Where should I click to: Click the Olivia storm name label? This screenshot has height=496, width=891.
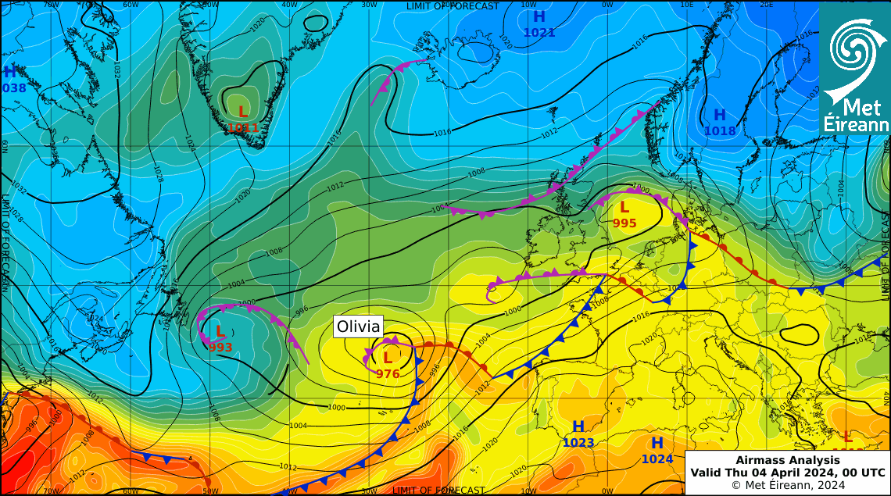[x=359, y=327]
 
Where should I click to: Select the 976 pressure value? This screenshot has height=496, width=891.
[x=388, y=374]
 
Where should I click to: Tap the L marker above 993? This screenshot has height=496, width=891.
[x=220, y=332]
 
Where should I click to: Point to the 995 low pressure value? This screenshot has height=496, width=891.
[x=624, y=223]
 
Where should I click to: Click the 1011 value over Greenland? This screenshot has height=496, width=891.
[x=243, y=127]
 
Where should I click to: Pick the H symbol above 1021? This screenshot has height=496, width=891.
[x=539, y=17]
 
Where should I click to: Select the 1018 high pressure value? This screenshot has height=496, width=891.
[x=720, y=131]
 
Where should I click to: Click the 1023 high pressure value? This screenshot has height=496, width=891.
[x=578, y=443]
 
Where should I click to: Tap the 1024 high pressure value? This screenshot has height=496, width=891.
[x=657, y=459]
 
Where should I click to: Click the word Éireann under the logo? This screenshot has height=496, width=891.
[x=857, y=125]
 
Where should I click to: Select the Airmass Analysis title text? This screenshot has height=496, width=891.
[x=787, y=460]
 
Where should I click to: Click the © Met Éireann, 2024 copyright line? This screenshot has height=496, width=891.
[x=788, y=485]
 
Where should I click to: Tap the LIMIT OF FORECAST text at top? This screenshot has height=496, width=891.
[x=452, y=6]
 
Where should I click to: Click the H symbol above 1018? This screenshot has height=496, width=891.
[x=720, y=116]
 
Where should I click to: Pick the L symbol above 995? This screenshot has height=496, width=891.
[x=624, y=208]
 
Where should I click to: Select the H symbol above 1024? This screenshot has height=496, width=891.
[x=657, y=444]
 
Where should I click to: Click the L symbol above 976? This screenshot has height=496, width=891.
[x=387, y=359]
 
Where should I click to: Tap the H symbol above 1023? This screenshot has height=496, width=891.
[x=578, y=427]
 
